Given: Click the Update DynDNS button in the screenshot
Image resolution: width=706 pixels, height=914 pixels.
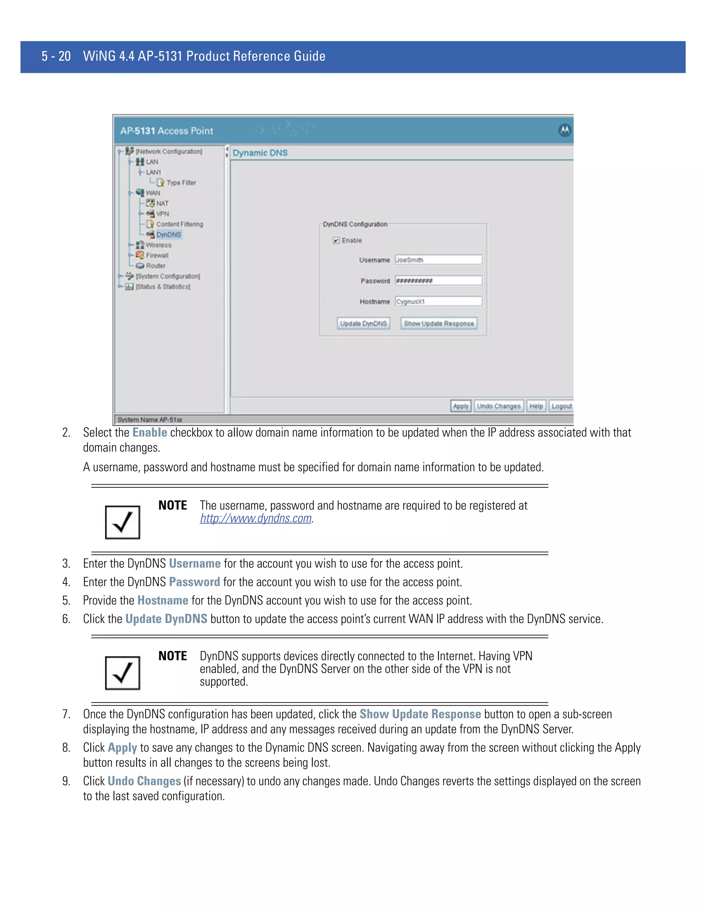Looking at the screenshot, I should coord(363,324).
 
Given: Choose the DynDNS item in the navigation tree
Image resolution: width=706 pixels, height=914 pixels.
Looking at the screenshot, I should coord(168,235).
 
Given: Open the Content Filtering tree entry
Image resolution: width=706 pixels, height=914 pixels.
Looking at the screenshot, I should coord(179,224).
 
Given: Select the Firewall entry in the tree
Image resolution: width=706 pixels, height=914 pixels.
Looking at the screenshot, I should coord(157,255).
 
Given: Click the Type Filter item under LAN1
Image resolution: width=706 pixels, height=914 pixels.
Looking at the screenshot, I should coord(181,183).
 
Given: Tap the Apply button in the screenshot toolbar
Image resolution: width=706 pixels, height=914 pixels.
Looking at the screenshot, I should coord(461,406).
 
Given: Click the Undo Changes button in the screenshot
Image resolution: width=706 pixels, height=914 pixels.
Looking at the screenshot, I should coord(498,406).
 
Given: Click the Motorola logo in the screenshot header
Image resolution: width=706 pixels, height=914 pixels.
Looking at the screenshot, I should coord(564,130).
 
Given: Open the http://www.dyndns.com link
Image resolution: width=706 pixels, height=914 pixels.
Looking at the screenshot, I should coord(255,518).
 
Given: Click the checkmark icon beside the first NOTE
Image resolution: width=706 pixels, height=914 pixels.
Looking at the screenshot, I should coord(122,522).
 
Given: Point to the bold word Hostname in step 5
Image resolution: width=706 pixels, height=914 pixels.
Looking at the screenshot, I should coord(163,600).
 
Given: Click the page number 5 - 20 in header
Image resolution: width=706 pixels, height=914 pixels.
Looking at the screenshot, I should coord(56,56).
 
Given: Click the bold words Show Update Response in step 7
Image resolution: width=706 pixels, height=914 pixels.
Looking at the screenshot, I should coord(420,714).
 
